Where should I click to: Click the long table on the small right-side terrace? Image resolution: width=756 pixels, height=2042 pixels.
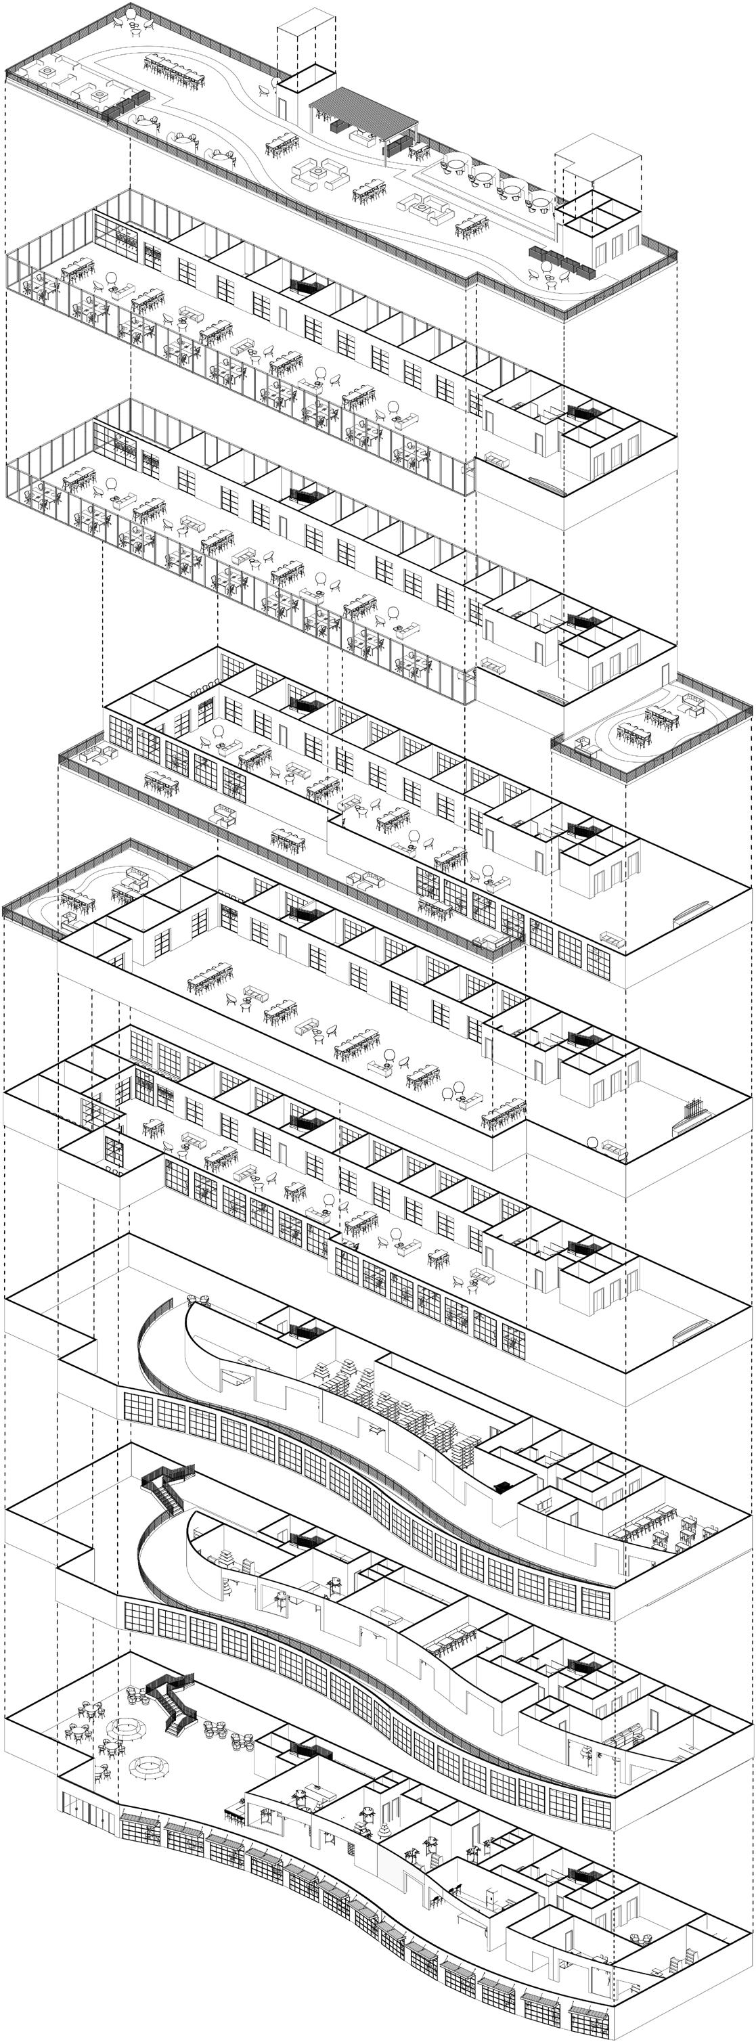pyautogui.click(x=661, y=719)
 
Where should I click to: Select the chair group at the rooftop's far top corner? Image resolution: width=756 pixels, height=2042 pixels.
pyautogui.click(x=133, y=20)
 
